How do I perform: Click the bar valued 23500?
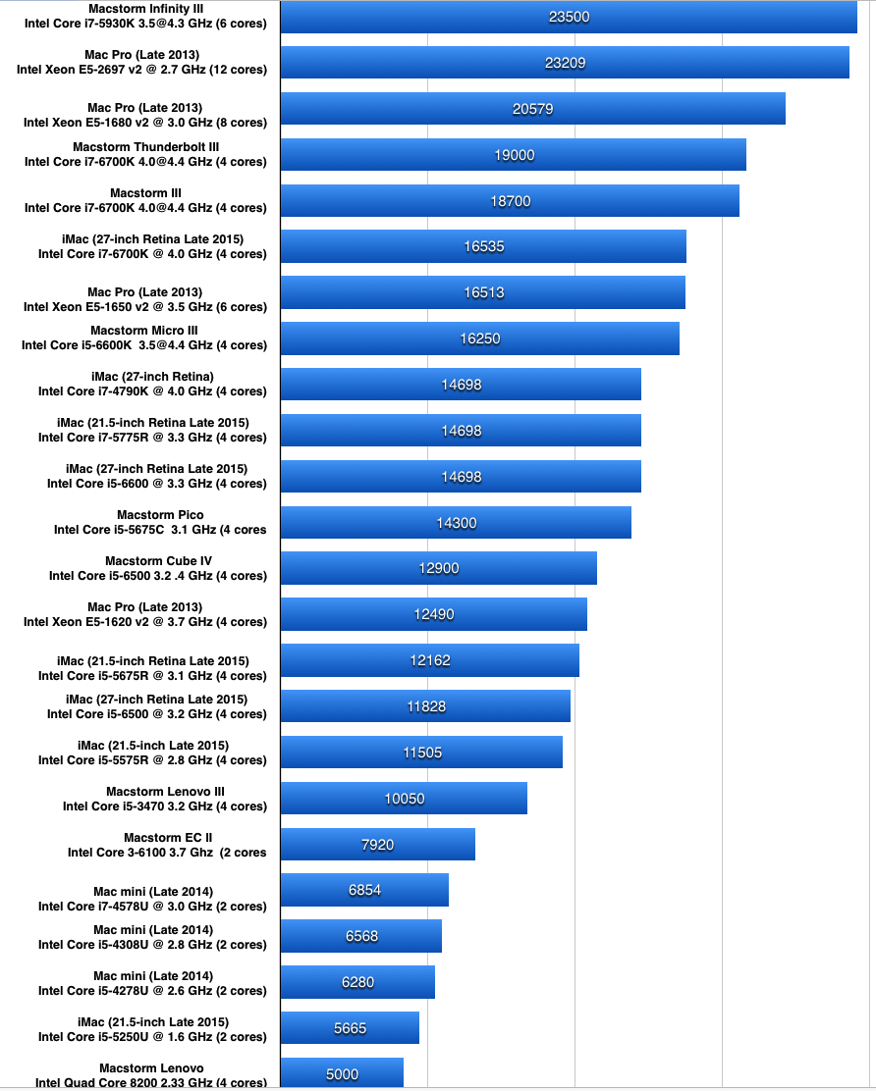coord(569,17)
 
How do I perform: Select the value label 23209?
coord(565,63)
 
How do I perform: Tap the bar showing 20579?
coord(532,109)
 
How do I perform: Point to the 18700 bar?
coord(510,201)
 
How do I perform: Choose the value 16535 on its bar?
coord(483,246)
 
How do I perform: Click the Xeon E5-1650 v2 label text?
coord(145,306)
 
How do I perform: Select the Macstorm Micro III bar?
coord(479,338)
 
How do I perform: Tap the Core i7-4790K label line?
coord(152,390)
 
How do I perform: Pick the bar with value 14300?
coord(456,523)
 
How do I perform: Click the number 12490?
coord(434,614)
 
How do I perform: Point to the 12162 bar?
coord(429,660)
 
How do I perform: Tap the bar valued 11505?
coord(421,753)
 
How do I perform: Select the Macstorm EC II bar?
coord(377,845)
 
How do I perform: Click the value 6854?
coord(364,890)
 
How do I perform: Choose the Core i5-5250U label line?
coord(152,1036)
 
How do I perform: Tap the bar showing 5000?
coord(342,1073)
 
